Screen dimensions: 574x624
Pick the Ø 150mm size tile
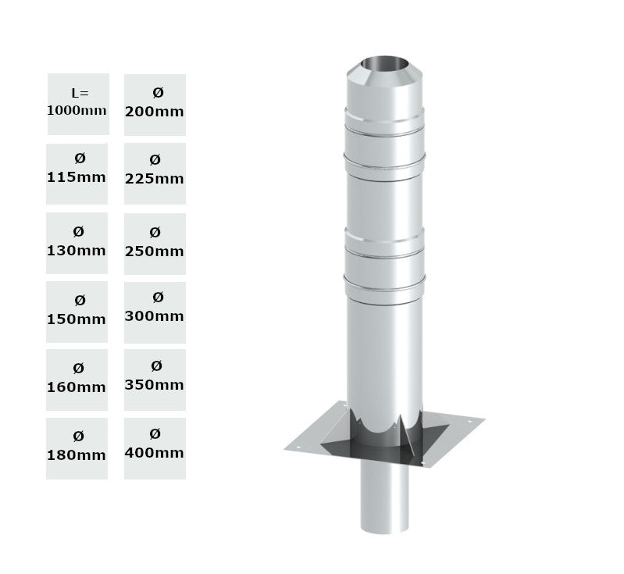(77, 311)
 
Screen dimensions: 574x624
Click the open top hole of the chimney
(384, 62)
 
